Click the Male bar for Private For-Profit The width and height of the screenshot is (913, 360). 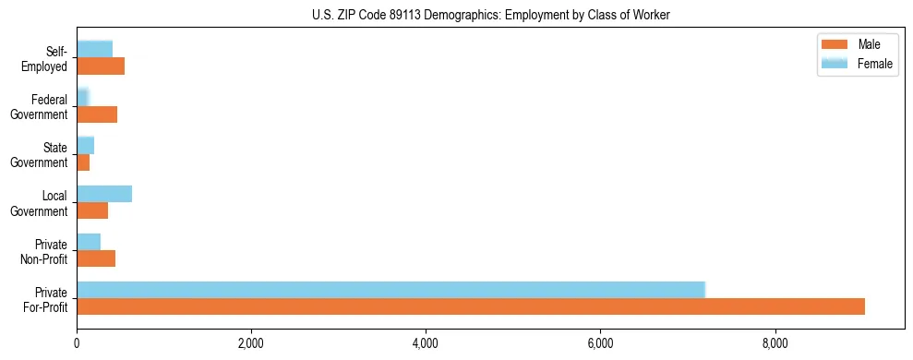coord(471,306)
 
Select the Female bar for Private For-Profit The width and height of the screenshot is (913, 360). coord(390,290)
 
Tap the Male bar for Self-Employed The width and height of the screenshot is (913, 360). coord(101,66)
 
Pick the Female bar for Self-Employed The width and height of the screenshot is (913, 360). coord(94,49)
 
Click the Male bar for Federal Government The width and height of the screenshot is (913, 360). coord(97,114)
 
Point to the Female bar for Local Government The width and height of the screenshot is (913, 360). coord(104,193)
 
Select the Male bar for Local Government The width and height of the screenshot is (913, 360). coord(92,210)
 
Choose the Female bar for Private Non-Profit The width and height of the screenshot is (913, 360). coord(89,241)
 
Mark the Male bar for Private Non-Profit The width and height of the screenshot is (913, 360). coord(96,258)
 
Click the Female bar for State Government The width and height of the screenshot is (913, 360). coord(85,145)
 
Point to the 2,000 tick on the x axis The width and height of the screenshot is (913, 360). coord(251,344)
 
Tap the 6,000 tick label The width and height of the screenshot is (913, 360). coord(600,344)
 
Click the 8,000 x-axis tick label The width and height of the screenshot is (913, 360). coord(775,344)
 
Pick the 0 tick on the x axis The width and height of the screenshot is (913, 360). coord(77,344)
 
